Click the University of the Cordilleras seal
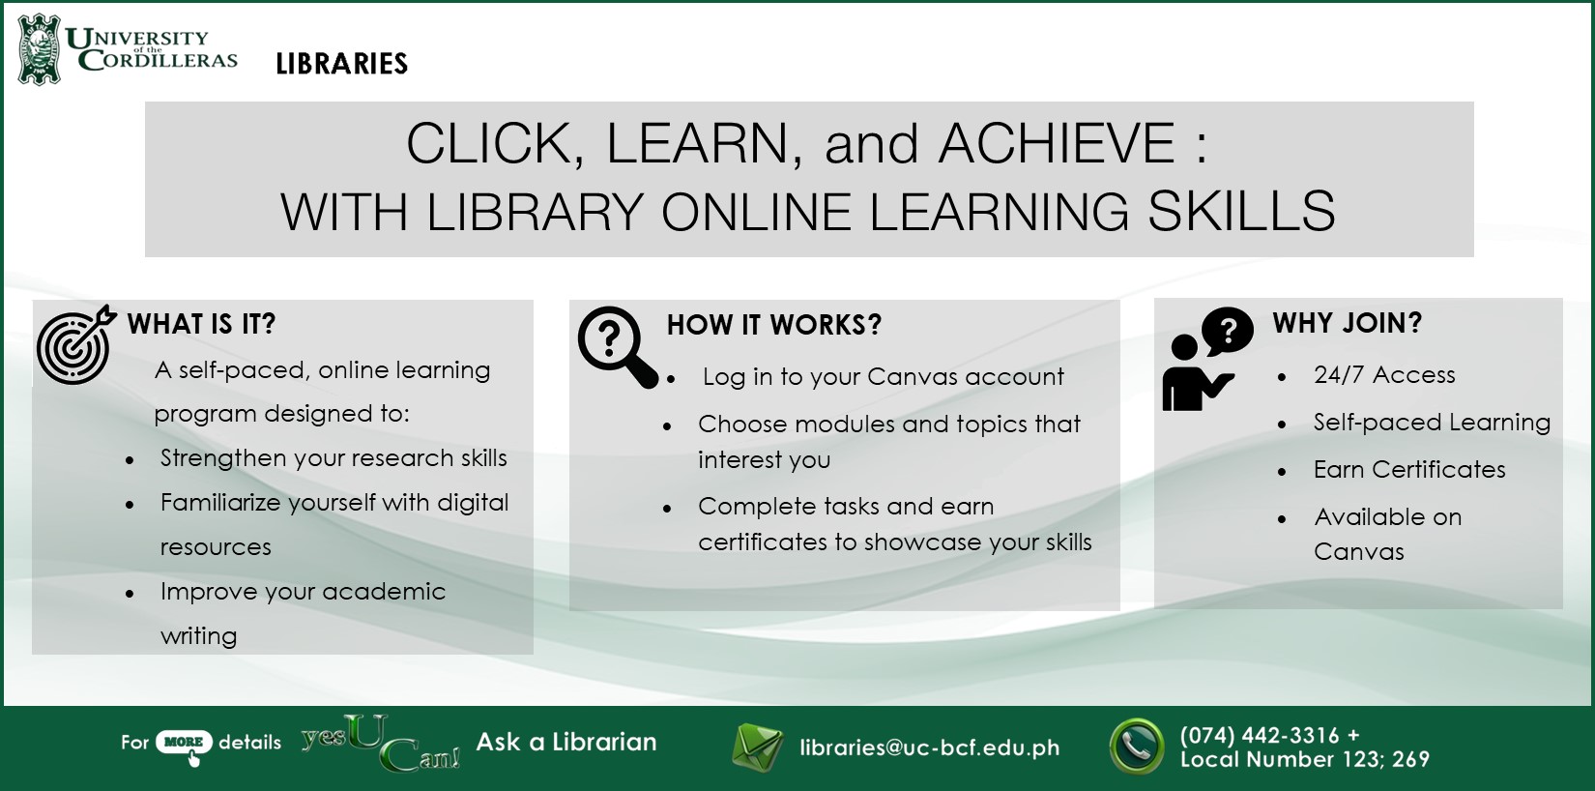click(x=40, y=50)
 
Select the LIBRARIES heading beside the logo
click(x=342, y=64)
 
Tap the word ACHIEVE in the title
click(x=1057, y=144)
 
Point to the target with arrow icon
click(x=75, y=345)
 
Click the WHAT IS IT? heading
click(x=201, y=324)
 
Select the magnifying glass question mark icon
click(x=617, y=347)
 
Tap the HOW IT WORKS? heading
click(x=774, y=325)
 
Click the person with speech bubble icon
click(x=1207, y=359)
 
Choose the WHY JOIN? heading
click(x=1348, y=323)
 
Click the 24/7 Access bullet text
click(x=1384, y=375)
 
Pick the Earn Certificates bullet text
click(x=1409, y=470)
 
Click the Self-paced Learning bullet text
click(x=1432, y=423)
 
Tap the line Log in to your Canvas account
click(x=883, y=377)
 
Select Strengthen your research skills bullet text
click(x=333, y=458)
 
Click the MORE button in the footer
click(x=184, y=742)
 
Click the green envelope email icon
click(x=758, y=747)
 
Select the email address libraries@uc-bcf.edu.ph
click(x=929, y=747)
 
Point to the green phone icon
click(x=1137, y=747)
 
